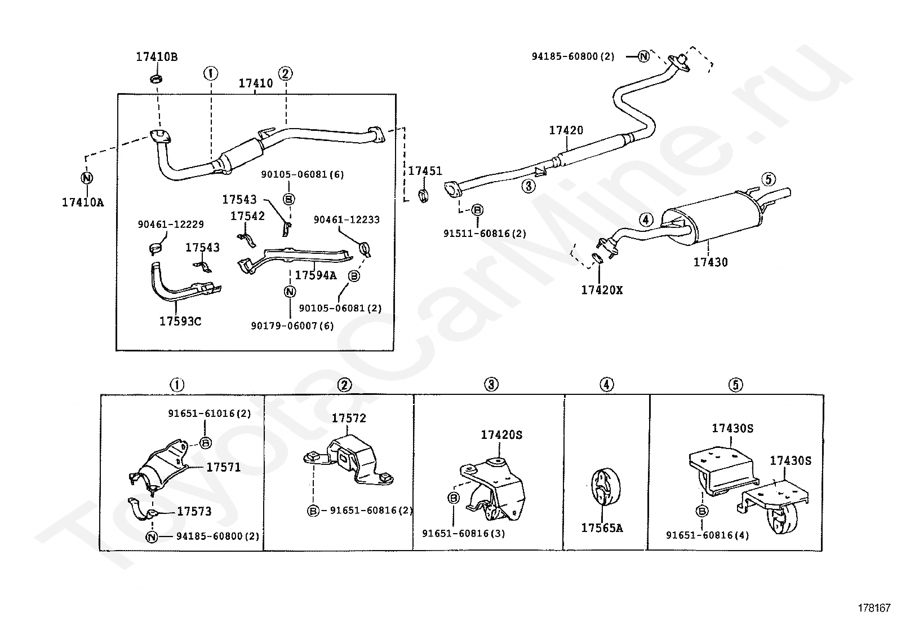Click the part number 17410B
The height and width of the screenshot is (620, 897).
tap(157, 57)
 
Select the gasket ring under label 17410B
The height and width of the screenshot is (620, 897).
tap(157, 78)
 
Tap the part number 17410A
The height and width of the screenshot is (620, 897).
tap(83, 203)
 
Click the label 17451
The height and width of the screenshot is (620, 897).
tap(425, 172)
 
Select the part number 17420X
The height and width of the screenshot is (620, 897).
tap(602, 291)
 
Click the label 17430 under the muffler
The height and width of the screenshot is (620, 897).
tap(711, 262)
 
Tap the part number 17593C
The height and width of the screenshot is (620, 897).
tap(180, 322)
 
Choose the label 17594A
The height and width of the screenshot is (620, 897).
tap(316, 275)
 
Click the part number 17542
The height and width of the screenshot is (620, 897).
tap(247, 216)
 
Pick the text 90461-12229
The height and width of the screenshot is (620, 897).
tap(171, 225)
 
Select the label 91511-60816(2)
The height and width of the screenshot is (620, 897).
tap(485, 234)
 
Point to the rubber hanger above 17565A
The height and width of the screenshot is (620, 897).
tap(606, 487)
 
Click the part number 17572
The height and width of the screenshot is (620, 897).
tap(349, 418)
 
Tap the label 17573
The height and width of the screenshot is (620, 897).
tap(194, 511)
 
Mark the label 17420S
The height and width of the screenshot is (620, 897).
tap(501, 435)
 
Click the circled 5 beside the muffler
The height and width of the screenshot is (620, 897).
tap(768, 179)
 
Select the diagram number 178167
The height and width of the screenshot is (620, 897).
tap(874, 608)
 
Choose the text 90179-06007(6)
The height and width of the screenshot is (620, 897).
tap(292, 326)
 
